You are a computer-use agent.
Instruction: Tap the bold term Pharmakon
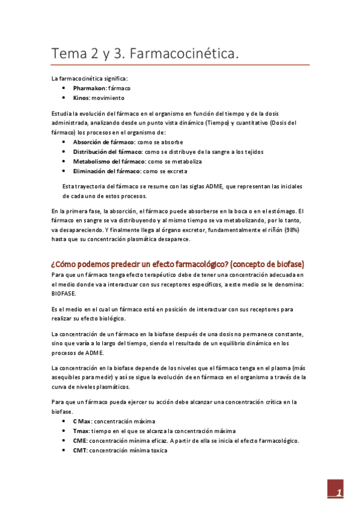(x=89, y=88)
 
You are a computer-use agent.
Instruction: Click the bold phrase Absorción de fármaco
(x=103, y=142)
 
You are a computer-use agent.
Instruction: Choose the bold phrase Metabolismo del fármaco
(x=109, y=162)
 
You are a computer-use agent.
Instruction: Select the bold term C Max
(x=82, y=421)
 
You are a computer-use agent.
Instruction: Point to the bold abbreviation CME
(x=80, y=440)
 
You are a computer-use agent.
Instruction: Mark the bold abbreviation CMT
(x=80, y=450)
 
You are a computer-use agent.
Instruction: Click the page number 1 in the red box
(x=339, y=493)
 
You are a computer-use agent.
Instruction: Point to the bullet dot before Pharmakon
(x=64, y=88)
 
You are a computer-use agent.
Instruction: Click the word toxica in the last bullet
(x=151, y=450)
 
